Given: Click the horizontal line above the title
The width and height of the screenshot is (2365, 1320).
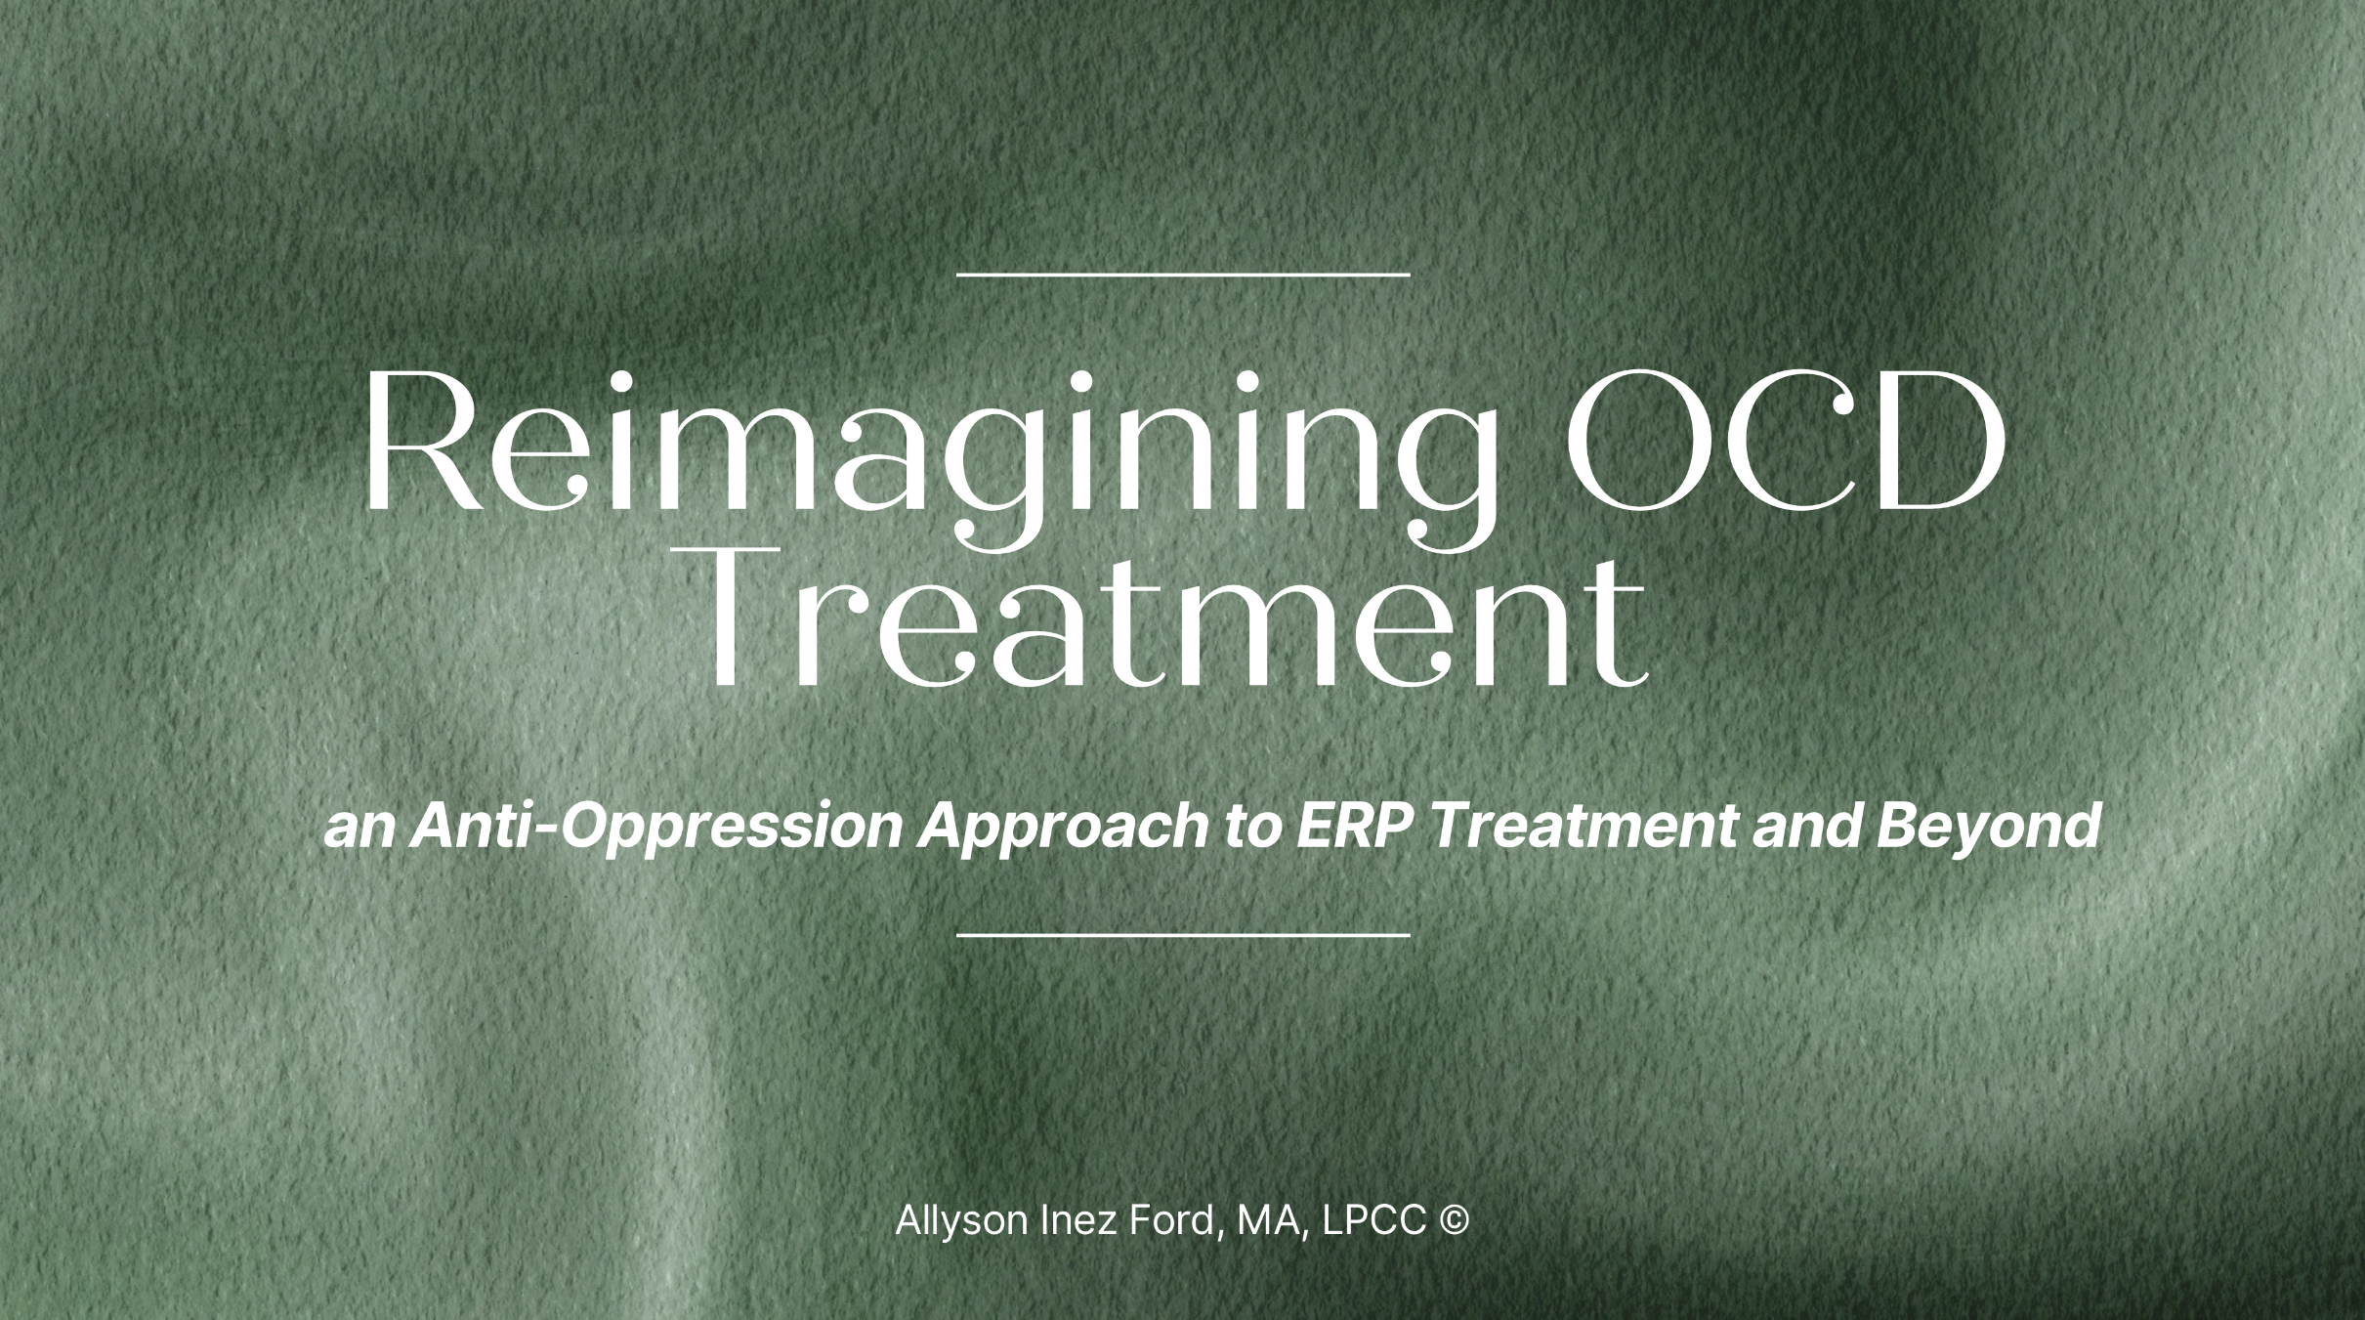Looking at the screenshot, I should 1182,275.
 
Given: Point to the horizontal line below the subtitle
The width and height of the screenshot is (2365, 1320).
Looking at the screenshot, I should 1182,935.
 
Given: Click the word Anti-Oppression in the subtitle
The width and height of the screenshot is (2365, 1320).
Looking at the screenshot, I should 659,827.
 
